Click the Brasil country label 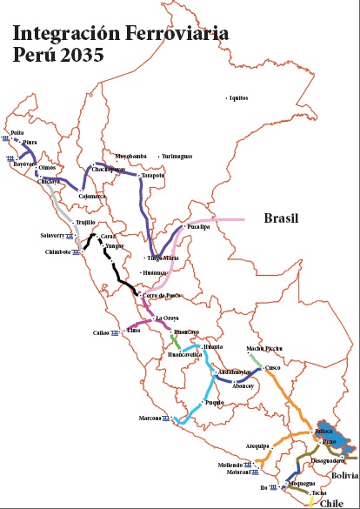click(x=281, y=219)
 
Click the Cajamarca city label click(x=91, y=197)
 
